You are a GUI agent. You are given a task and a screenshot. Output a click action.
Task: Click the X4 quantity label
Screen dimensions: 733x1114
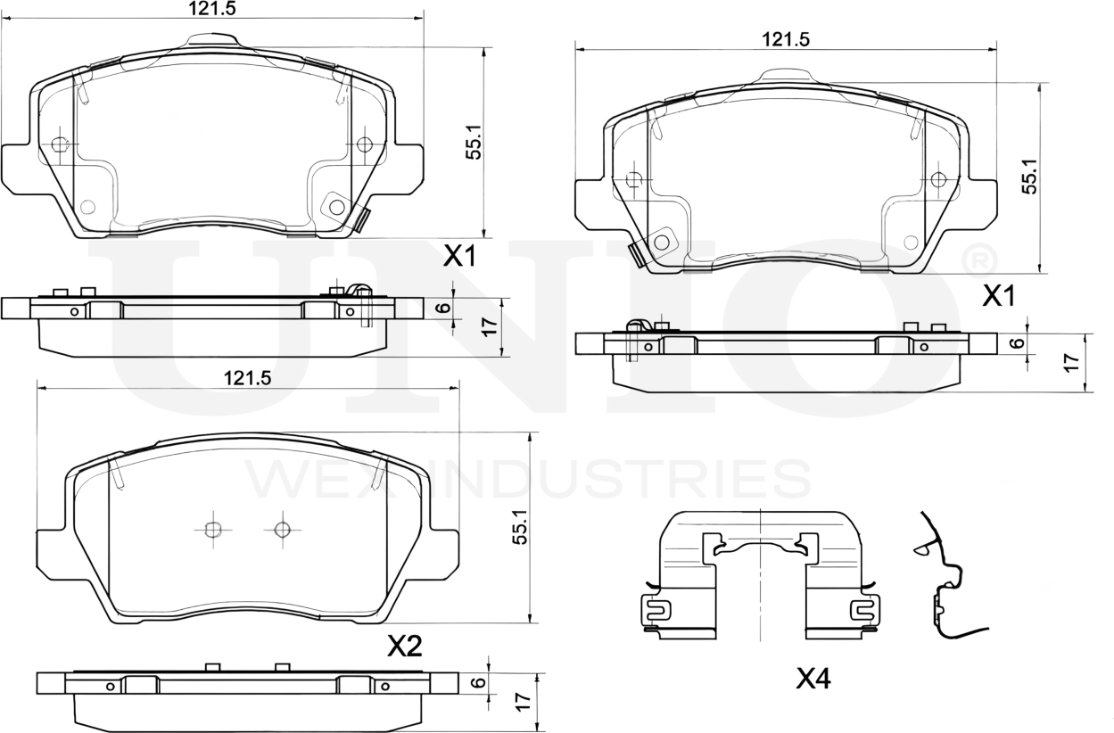tap(813, 679)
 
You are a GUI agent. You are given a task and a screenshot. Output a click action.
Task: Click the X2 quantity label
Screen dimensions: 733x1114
tap(404, 647)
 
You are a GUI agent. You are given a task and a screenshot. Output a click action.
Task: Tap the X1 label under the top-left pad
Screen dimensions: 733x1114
tap(459, 258)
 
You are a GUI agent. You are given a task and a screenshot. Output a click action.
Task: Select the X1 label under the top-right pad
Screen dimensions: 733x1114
tap(999, 296)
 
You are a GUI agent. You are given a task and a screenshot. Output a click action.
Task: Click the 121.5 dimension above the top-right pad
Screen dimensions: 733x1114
tap(785, 39)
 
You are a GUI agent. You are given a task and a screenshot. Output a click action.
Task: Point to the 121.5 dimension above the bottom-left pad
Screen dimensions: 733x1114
tap(246, 378)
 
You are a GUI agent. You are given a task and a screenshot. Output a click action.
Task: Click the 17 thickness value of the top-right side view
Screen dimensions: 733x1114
tap(1072, 361)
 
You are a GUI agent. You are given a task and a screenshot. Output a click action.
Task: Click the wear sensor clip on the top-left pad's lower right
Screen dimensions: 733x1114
tap(361, 218)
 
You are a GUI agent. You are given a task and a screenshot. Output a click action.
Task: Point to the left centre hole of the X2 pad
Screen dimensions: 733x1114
tap(212, 530)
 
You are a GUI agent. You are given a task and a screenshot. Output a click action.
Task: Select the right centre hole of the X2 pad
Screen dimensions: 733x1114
tap(283, 530)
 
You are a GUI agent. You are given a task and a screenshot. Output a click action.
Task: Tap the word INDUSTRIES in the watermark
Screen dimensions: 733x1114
tap(625, 479)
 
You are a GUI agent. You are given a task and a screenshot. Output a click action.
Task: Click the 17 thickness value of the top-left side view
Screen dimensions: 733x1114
tap(489, 326)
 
